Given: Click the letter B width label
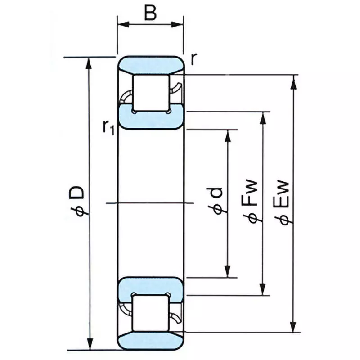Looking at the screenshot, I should click(x=150, y=13).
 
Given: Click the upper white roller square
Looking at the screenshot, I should click(x=151, y=93).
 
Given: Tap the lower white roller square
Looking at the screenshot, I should click(x=151, y=313).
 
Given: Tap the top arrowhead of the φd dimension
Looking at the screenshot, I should click(x=228, y=135).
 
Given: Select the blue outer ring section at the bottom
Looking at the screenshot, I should click(x=151, y=340).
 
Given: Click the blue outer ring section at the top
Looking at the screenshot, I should click(x=151, y=65).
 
